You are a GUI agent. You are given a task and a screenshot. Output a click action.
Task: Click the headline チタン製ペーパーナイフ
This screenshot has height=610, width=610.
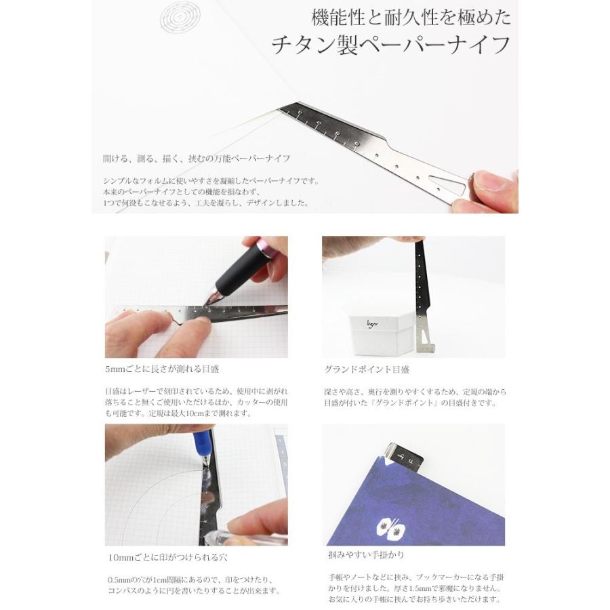click(391, 45)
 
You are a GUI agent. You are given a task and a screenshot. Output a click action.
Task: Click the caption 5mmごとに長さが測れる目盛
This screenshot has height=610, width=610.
click(162, 369)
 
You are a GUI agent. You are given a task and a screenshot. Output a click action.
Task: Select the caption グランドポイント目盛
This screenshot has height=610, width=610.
click(367, 369)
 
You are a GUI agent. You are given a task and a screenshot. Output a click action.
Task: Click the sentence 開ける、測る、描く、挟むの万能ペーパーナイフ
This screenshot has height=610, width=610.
click(197, 159)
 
